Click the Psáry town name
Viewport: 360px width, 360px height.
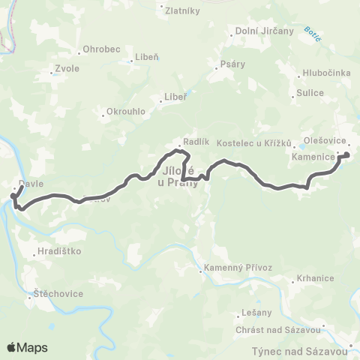(232, 64)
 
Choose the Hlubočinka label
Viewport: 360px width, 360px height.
(323, 73)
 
